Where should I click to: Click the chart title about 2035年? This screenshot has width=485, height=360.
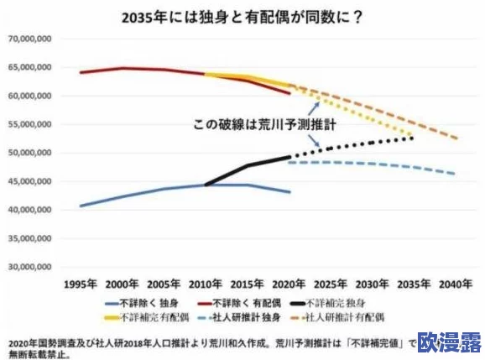(242, 17)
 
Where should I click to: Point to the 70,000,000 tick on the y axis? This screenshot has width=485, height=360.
(30, 39)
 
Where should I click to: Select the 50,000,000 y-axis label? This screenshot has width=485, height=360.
(30, 153)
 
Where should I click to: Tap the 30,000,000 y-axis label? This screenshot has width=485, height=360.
(30, 268)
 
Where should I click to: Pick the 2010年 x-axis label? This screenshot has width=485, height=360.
(206, 285)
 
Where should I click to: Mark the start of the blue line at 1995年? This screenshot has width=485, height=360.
(81, 206)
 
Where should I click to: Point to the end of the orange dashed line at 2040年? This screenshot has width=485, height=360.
(456, 138)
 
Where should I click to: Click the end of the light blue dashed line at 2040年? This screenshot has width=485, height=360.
(456, 174)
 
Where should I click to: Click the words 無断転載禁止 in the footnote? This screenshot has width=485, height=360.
(40, 354)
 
